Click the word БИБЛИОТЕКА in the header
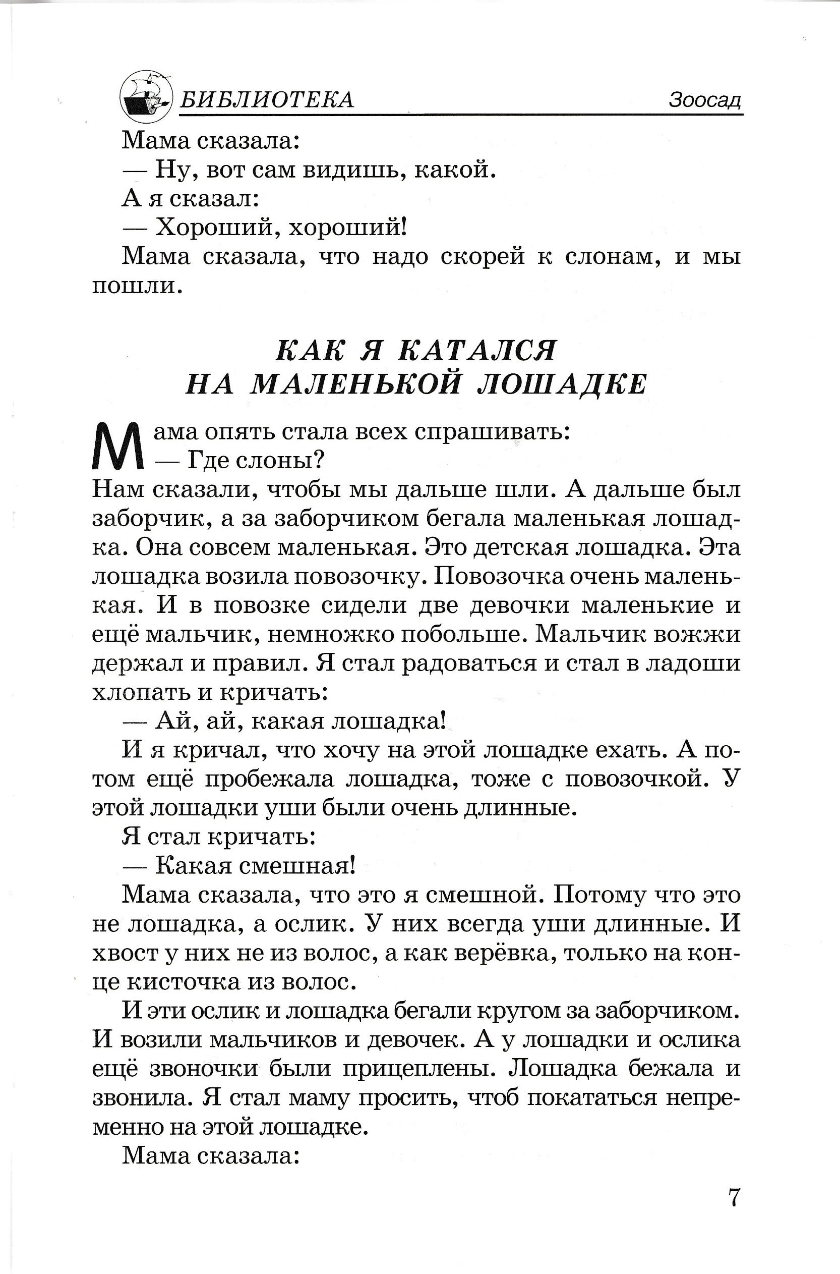pyautogui.click(x=266, y=100)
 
